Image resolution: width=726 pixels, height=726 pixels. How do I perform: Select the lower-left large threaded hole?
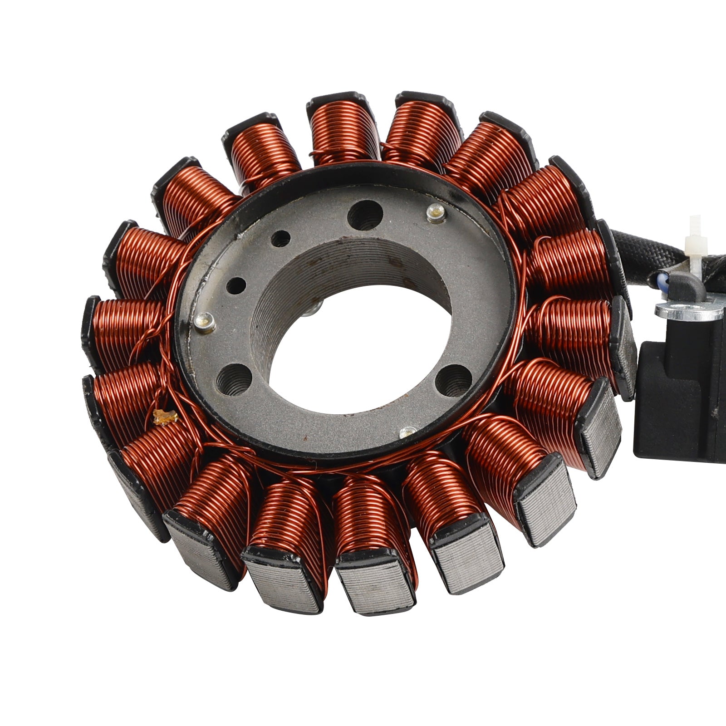pyautogui.click(x=234, y=379)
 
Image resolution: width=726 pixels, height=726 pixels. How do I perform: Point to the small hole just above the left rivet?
pyautogui.click(x=236, y=286)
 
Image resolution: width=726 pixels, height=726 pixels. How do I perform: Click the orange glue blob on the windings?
pyautogui.click(x=164, y=417)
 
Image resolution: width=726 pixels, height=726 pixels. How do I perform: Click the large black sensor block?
pyautogui.click(x=681, y=399)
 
